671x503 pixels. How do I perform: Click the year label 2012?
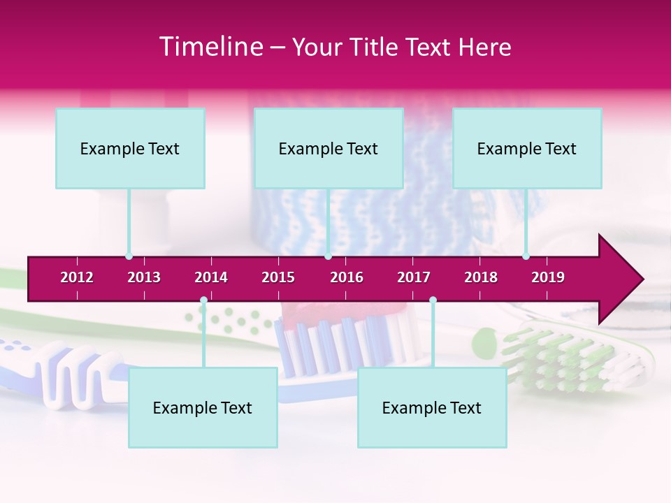(77, 277)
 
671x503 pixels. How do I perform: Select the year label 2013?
(144, 277)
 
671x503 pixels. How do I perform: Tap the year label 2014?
(211, 277)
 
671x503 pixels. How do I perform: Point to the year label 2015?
(278, 277)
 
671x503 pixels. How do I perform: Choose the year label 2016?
(347, 277)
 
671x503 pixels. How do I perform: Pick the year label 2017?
(414, 277)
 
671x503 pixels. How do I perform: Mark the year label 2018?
(481, 277)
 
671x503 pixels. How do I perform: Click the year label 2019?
(548, 277)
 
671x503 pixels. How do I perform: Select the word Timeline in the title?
(210, 47)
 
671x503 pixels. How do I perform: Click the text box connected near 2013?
(130, 148)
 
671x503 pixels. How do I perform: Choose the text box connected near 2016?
(329, 148)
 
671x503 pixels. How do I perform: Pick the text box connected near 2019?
(527, 148)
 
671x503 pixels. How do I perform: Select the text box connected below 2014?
(203, 407)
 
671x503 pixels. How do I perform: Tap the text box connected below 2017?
(432, 407)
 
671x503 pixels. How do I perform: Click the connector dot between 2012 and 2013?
(129, 256)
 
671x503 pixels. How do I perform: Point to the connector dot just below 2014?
(203, 300)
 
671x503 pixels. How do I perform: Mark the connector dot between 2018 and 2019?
(526, 256)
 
